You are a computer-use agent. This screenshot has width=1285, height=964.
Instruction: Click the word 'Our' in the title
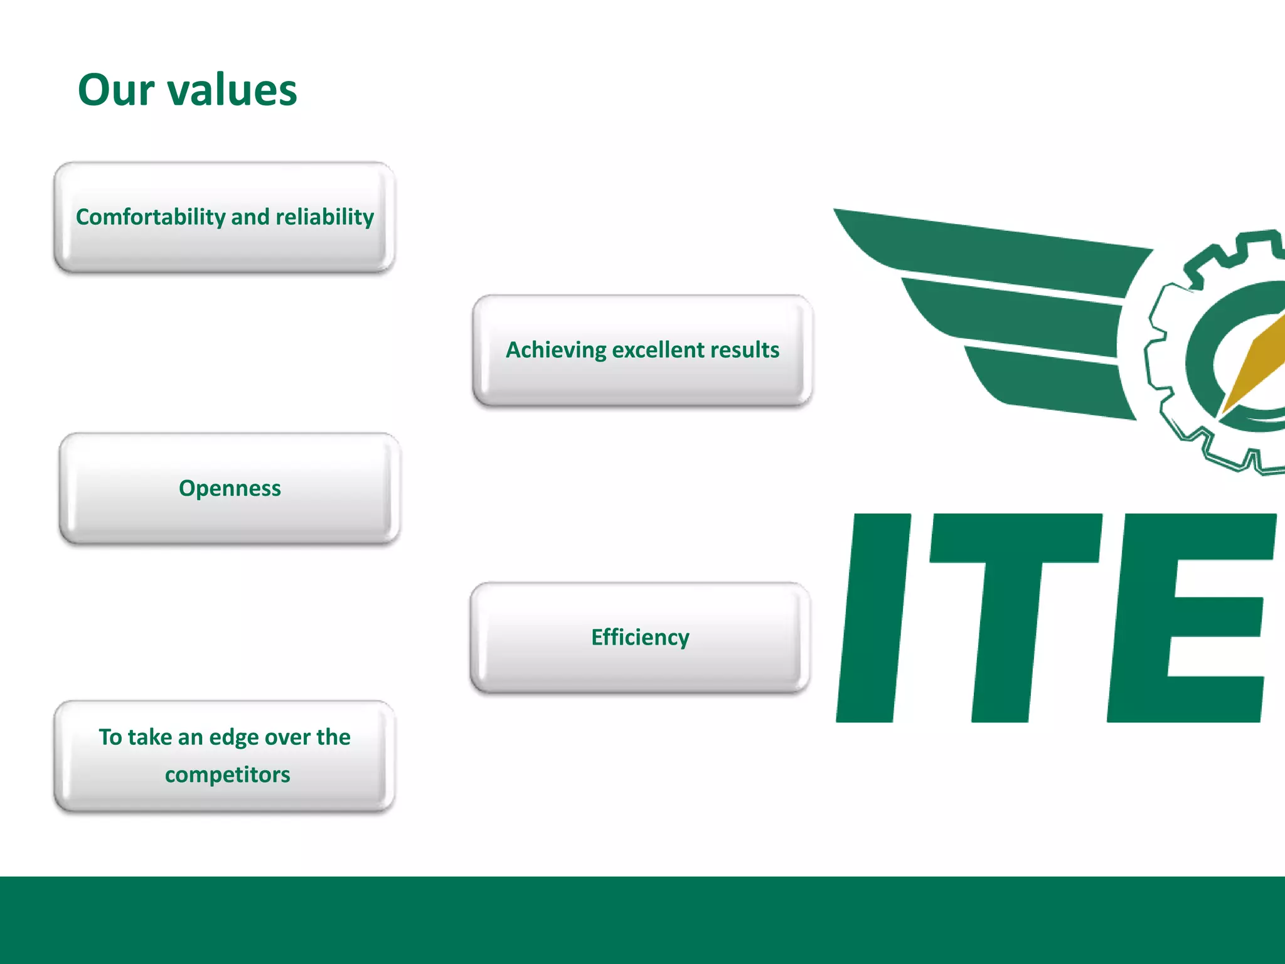point(116,90)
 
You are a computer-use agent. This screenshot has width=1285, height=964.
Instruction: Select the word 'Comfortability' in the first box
point(151,217)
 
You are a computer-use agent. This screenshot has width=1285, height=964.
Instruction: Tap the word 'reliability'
point(324,217)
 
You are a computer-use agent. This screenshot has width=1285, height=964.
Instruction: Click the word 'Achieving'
point(556,350)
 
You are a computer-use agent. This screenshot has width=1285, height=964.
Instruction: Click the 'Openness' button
point(230,488)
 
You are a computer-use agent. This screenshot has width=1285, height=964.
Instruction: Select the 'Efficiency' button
point(640,638)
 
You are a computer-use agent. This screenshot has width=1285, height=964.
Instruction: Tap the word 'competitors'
point(227,774)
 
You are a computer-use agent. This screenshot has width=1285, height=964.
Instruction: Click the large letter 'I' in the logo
point(873,618)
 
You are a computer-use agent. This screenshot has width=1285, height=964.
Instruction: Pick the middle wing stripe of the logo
point(1016,314)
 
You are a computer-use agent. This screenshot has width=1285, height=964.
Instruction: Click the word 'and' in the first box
point(250,217)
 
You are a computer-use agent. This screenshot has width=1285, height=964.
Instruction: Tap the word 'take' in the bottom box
point(149,737)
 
